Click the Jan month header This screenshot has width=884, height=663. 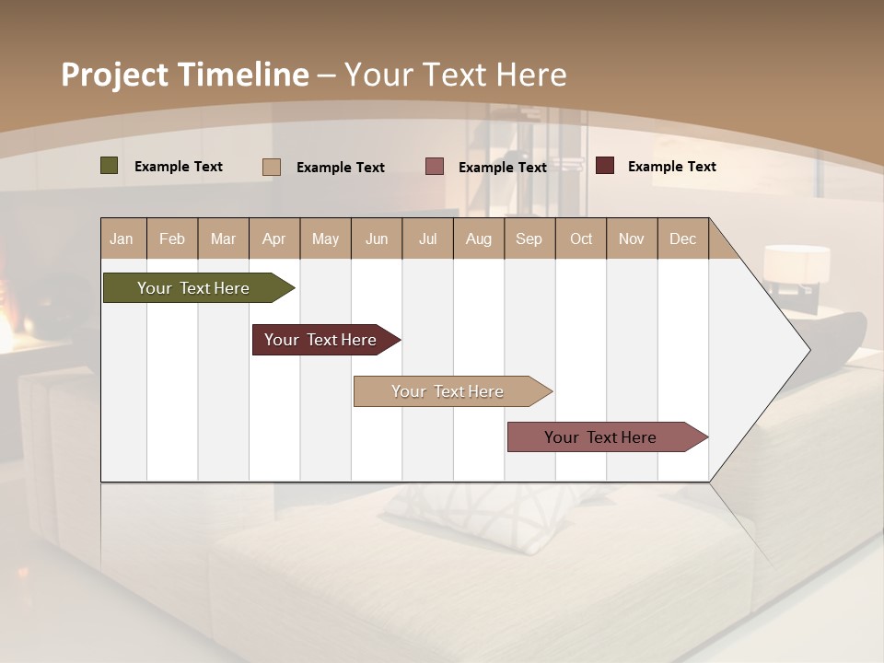pos(122,238)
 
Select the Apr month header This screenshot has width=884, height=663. pos(274,238)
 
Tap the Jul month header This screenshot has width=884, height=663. pos(427,238)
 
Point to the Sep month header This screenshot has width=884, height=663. pos(529,238)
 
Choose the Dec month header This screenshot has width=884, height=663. pos(682,238)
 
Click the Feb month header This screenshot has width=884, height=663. pos(172,238)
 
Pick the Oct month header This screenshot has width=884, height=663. pos(581,238)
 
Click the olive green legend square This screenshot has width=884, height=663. pos(110,166)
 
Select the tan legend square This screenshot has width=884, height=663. pos(272,167)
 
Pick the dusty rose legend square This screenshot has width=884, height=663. pos(435,167)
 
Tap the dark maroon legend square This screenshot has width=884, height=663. pos(605,166)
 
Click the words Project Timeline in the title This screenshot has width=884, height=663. pos(185,75)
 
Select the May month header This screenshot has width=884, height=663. pos(325,238)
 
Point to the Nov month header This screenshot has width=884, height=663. pos(632,238)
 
